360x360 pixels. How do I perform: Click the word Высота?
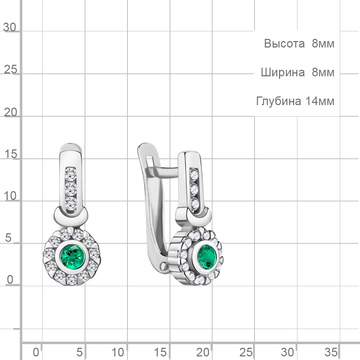tap(284, 44)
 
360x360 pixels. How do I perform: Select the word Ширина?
tap(283, 72)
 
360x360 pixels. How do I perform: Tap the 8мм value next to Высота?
tap(323, 44)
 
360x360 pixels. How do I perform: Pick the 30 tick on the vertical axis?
tap(10, 27)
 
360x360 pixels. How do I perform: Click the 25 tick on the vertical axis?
tap(10, 69)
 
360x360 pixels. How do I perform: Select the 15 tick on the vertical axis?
tap(10, 154)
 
